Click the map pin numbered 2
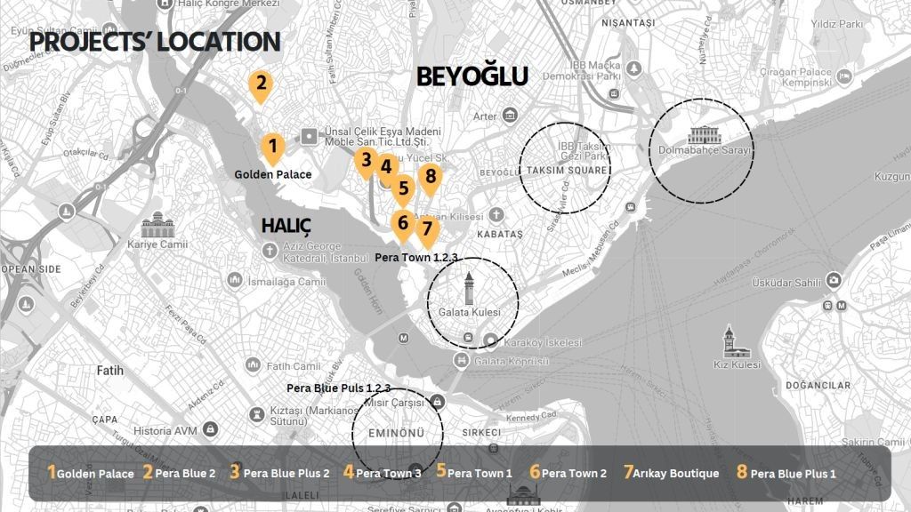pyautogui.click(x=260, y=85)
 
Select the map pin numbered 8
pyautogui.click(x=431, y=178)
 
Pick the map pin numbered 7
pyautogui.click(x=427, y=230)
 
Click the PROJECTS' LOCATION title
pyautogui.click(x=155, y=42)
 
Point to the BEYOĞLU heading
pyautogui.click(x=472, y=77)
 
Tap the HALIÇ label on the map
pyautogui.click(x=286, y=226)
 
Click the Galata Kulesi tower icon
pyautogui.click(x=469, y=288)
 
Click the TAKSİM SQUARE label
pyautogui.click(x=566, y=170)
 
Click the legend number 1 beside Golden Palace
pyautogui.click(x=52, y=473)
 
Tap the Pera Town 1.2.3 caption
pyautogui.click(x=416, y=257)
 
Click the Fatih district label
pyautogui.click(x=110, y=370)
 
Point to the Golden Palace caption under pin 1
pyautogui.click(x=273, y=174)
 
